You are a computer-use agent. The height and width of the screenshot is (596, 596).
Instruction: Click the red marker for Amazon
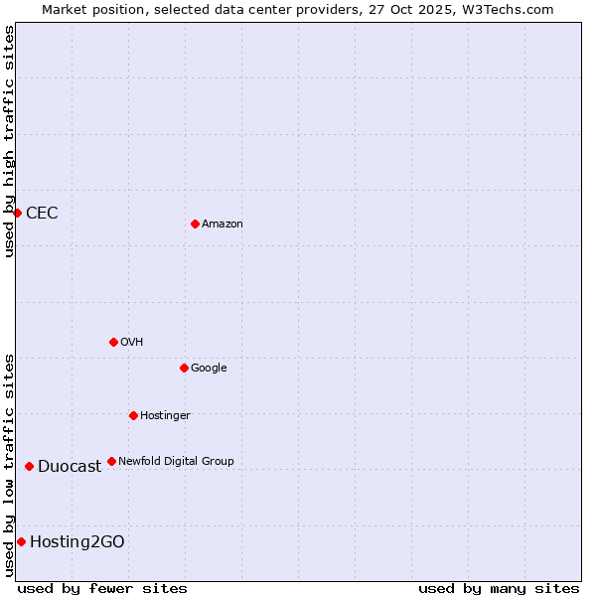click(x=195, y=223)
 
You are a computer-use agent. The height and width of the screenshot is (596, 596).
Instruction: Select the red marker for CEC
click(x=17, y=213)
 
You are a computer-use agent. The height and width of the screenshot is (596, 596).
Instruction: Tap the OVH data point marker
click(x=113, y=342)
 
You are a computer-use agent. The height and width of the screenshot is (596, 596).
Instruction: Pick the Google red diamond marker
click(x=184, y=368)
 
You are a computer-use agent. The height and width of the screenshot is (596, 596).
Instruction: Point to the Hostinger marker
click(x=133, y=415)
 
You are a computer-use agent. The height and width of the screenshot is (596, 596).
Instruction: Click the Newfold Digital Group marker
click(x=111, y=461)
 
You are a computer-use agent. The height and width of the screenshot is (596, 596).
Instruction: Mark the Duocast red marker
click(x=29, y=466)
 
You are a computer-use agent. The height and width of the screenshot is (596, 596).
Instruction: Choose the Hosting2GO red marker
click(x=21, y=541)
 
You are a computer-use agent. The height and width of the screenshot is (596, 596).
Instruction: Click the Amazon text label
click(x=223, y=224)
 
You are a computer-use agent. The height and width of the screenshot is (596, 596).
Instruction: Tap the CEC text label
click(x=42, y=214)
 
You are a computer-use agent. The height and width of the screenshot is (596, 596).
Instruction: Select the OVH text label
click(x=132, y=343)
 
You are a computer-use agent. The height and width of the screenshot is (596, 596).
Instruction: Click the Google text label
click(x=209, y=369)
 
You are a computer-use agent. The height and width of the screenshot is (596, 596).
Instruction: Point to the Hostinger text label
click(x=165, y=416)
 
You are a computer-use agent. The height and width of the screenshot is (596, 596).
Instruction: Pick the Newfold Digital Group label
click(x=177, y=462)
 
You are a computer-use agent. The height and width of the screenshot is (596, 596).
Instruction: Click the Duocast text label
click(x=70, y=467)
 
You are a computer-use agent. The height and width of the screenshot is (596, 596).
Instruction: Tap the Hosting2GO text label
click(x=77, y=542)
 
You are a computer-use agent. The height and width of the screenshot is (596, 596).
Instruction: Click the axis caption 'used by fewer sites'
click(x=102, y=588)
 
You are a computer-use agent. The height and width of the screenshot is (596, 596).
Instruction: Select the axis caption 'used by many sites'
click(x=499, y=588)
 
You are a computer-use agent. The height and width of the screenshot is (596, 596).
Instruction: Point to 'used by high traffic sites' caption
click(x=9, y=141)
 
